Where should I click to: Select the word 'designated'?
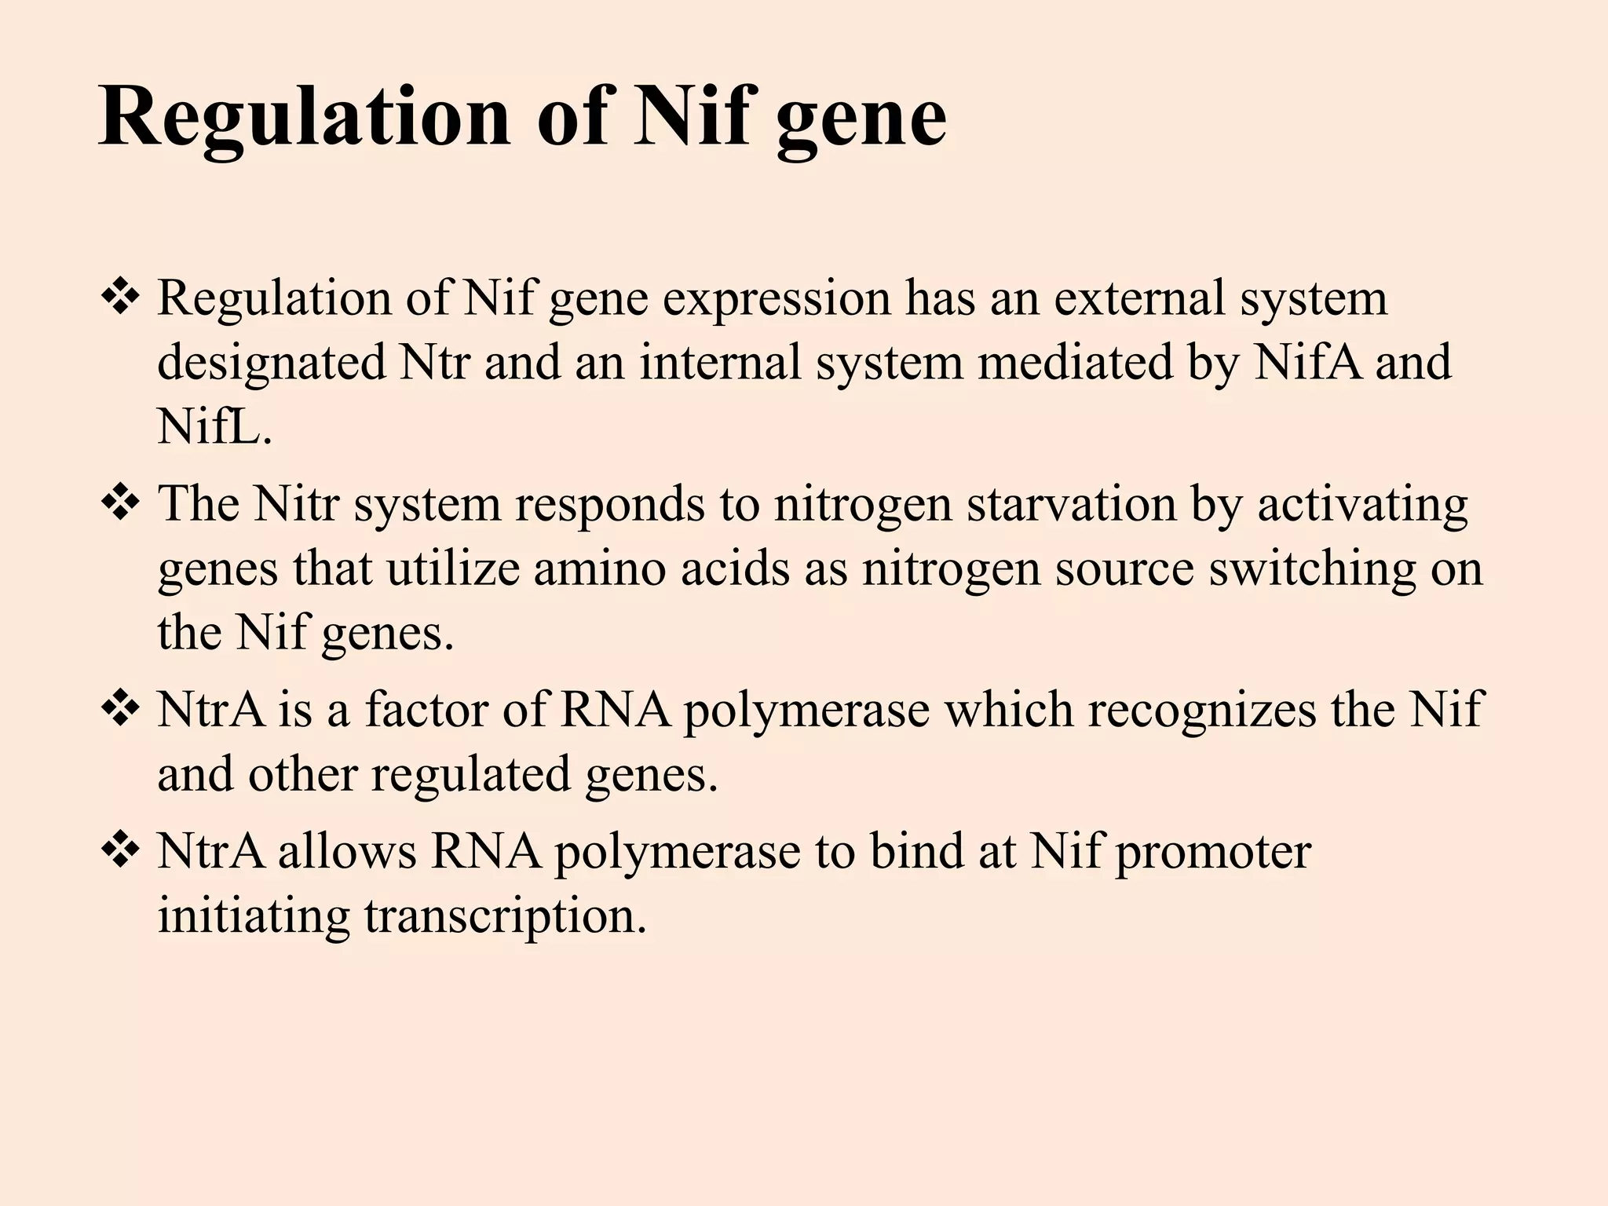(272, 363)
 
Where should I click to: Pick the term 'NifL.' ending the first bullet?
(214, 427)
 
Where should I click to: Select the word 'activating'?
(1362, 503)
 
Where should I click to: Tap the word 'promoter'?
(1212, 851)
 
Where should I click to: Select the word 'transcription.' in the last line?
(506, 915)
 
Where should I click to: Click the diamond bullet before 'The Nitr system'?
(120, 503)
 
